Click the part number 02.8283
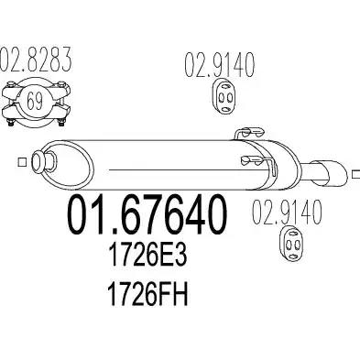coord(36,60)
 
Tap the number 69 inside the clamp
coord(34,101)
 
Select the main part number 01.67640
coord(147,215)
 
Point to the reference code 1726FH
coord(148,294)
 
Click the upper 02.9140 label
coord(219,65)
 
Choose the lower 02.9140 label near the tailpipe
coord(287,212)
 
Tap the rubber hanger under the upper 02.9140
coord(224,97)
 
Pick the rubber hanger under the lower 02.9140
coord(292,244)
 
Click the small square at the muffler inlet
coord(22,162)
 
